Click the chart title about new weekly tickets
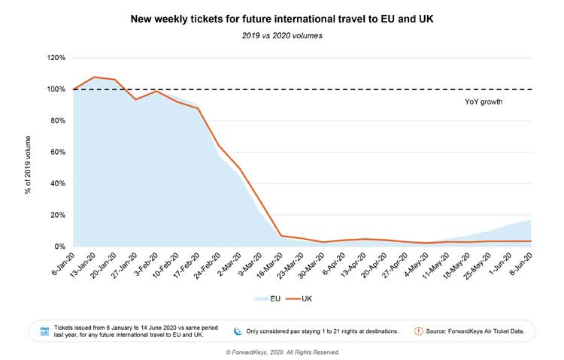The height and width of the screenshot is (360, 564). tap(282, 19)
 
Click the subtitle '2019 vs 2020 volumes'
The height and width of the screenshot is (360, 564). tap(282, 35)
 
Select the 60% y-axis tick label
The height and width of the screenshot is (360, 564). tap(58, 152)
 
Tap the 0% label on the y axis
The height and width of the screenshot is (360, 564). tap(60, 247)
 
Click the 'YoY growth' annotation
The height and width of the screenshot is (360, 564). tap(484, 101)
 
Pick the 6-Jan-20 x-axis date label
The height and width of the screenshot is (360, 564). tap(63, 265)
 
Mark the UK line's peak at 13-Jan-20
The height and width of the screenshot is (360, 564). tap(94, 77)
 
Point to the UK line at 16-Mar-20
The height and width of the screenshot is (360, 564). tap(281, 236)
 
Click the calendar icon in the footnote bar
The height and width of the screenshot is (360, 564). tap(44, 331)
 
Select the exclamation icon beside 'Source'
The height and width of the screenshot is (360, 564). tap(419, 331)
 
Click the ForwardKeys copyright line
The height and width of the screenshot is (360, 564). tap(282, 352)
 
